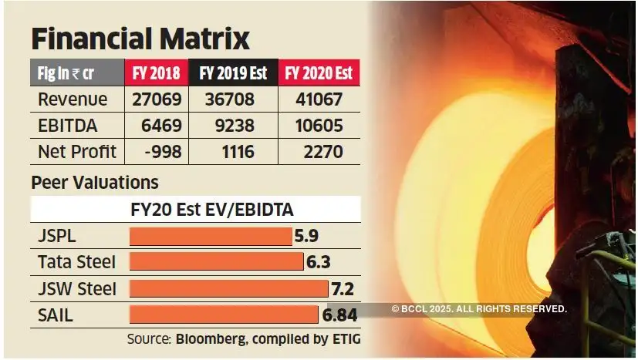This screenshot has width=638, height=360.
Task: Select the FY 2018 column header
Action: pyautogui.click(x=156, y=73)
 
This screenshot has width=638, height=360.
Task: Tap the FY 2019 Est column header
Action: pyautogui.click(x=232, y=73)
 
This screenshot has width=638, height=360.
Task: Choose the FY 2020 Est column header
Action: pyautogui.click(x=319, y=73)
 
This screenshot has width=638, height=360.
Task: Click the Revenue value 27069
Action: pyautogui.click(x=156, y=99)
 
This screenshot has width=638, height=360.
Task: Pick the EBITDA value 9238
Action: pyautogui.click(x=232, y=126)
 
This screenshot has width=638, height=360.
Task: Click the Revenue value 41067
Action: pyautogui.click(x=319, y=99)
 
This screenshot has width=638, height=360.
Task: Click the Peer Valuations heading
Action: pyautogui.click(x=94, y=183)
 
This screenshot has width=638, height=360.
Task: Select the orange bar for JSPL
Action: pyautogui.click(x=210, y=236)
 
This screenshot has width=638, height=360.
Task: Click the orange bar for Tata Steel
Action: pyautogui.click(x=216, y=262)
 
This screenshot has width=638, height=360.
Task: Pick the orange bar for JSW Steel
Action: pyautogui.click(x=228, y=289)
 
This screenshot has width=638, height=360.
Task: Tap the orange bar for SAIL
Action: pyautogui.click(x=223, y=315)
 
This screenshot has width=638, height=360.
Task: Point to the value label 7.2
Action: pyautogui.click(x=342, y=289)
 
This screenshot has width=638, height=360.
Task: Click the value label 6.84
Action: pyautogui.click(x=340, y=315)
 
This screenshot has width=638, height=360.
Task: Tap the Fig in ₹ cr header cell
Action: pyautogui.click(x=76, y=73)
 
